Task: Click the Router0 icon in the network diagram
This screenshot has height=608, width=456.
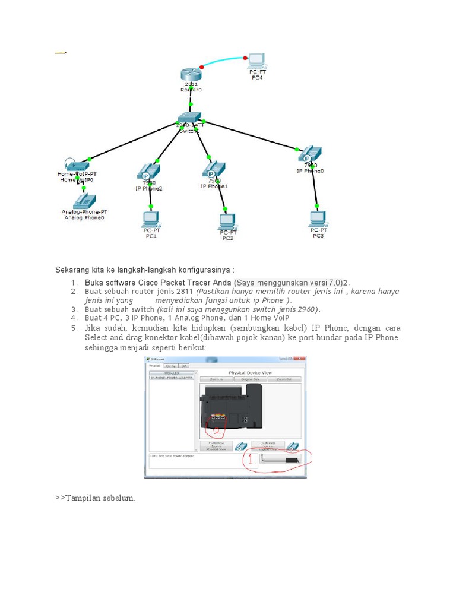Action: click(191, 75)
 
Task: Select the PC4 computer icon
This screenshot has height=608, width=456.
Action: click(256, 60)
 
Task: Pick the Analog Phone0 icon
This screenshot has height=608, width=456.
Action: click(84, 200)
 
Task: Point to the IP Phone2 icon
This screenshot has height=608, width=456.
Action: click(147, 172)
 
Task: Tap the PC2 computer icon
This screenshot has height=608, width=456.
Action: click(227, 221)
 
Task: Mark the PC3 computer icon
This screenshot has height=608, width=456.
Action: click(318, 218)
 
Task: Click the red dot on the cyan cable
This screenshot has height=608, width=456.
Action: click(202, 66)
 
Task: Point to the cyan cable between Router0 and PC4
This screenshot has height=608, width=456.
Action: click(224, 60)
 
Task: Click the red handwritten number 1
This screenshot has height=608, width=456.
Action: click(250, 459)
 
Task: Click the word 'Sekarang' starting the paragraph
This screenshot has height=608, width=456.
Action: click(71, 270)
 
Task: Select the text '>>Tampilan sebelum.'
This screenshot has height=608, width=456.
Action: click(95, 498)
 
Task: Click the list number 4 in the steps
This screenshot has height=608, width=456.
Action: click(74, 318)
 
